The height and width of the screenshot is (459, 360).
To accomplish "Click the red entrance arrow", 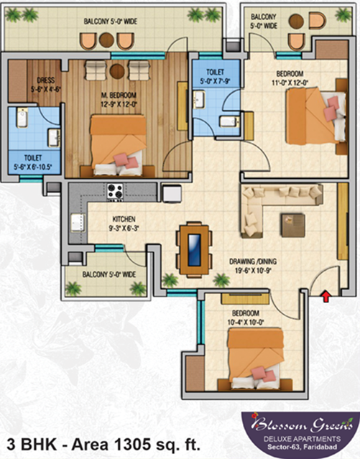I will (x=327, y=295).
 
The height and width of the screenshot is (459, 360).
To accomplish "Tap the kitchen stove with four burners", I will (x=114, y=191).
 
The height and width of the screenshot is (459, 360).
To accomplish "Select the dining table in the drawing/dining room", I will (x=194, y=250).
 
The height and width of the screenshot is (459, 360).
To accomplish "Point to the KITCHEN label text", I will (x=104, y=219).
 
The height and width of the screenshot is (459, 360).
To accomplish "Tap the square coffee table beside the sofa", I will (x=293, y=224).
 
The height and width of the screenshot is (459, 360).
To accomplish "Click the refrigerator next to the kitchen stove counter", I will (x=171, y=193).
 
